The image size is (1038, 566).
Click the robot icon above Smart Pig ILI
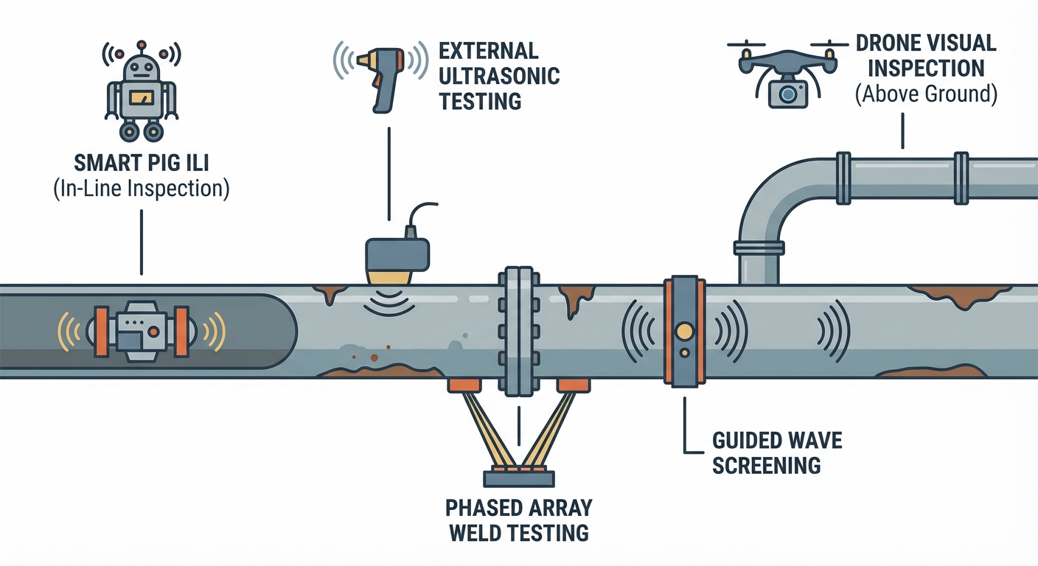point(142,92)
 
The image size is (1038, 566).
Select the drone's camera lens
point(787,94)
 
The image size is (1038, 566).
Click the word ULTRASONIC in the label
point(499,76)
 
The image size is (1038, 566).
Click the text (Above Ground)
point(927,95)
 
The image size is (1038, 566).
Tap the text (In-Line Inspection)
point(142,189)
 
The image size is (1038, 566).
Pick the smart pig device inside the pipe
point(141,331)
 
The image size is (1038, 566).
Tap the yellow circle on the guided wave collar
point(685,332)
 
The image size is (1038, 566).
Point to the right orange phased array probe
point(573,385)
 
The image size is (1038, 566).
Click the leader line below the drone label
point(902,133)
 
